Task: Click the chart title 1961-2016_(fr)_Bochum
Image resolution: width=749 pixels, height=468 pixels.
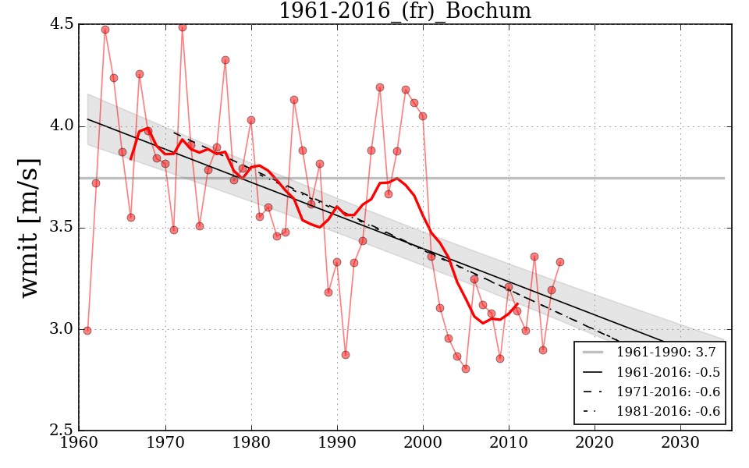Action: [x=405, y=11]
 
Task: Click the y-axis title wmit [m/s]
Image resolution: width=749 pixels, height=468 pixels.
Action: [x=30, y=226]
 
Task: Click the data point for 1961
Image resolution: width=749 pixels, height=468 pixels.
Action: [x=87, y=331]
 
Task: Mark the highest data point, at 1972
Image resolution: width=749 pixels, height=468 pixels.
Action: [x=183, y=27]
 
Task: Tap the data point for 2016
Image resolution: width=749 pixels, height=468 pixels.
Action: [x=560, y=262]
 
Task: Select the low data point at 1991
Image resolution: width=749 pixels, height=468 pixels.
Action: [x=346, y=355]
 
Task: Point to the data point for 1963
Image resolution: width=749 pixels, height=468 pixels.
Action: [x=105, y=30]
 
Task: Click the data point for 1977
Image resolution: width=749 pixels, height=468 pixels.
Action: [x=225, y=60]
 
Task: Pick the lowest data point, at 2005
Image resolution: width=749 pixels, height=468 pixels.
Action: [x=466, y=369]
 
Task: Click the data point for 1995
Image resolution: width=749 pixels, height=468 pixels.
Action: [x=380, y=87]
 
